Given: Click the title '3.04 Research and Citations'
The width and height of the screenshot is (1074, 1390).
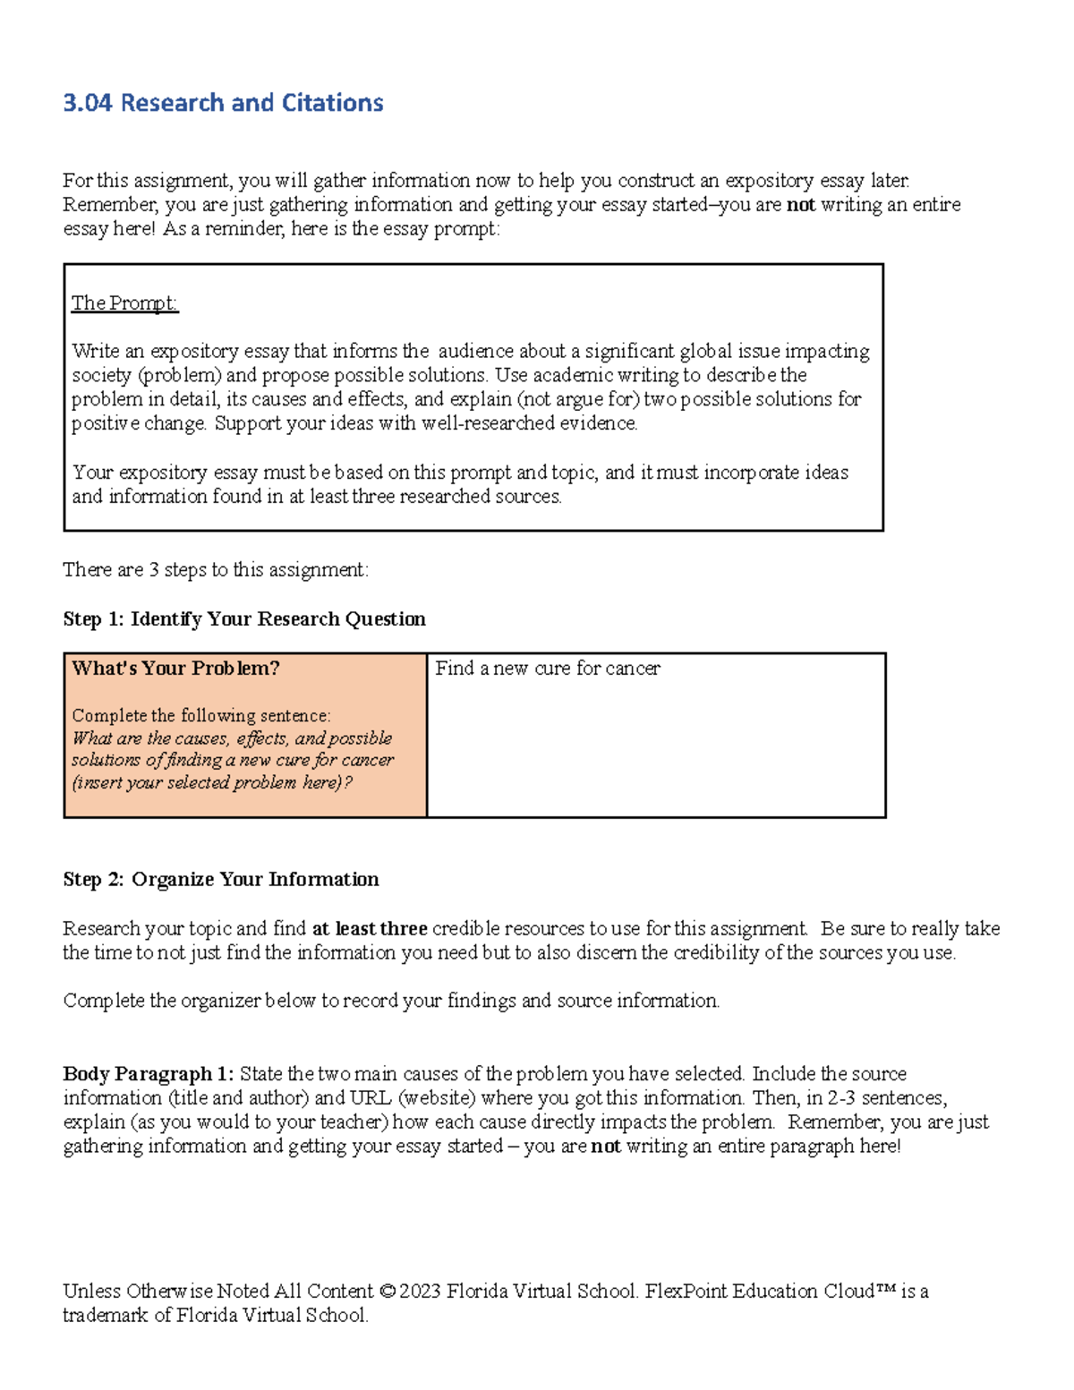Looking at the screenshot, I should [223, 103].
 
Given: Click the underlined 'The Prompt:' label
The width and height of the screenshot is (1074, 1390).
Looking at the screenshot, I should [124, 303].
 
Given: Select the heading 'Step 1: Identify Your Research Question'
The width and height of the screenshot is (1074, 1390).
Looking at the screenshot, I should [244, 619].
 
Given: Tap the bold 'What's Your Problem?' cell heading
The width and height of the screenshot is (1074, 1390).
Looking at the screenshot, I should [175, 669].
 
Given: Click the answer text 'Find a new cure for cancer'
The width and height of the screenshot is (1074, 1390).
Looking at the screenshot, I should [548, 669].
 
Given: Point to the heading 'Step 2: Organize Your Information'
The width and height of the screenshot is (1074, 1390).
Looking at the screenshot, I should [221, 880].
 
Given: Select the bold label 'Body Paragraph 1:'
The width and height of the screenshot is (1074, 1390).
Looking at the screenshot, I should [148, 1074].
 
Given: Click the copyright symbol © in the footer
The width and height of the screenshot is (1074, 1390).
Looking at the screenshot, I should [387, 1292].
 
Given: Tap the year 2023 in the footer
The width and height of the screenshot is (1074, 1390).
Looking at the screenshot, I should [420, 1292].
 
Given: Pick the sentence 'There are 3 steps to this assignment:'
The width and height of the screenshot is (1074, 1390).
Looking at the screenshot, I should [216, 570].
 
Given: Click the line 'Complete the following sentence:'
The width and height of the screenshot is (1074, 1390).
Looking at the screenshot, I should [201, 716].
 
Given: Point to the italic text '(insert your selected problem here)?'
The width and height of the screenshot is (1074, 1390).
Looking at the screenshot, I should [212, 782].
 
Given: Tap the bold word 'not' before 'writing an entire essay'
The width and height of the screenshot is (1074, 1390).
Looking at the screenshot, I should [800, 205].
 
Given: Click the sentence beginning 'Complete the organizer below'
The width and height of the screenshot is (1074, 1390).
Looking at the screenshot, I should [391, 1001].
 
